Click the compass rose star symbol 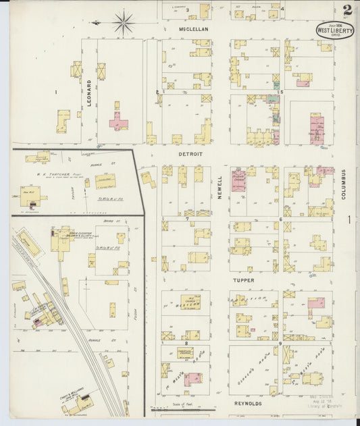(x=123, y=23)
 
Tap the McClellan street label (x=193, y=30)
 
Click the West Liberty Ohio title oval (x=334, y=30)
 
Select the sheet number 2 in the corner (x=346, y=9)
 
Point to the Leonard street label (x=88, y=92)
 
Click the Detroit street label (x=190, y=155)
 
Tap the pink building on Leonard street (x=118, y=123)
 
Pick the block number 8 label (x=186, y=343)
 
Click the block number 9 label (x=280, y=344)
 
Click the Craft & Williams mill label (x=72, y=392)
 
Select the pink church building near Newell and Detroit (x=238, y=180)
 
